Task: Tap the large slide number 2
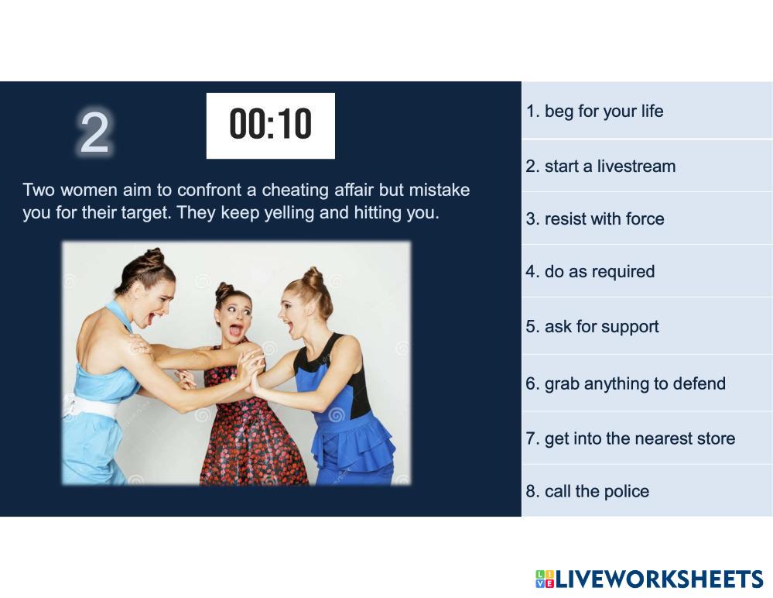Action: click(x=94, y=132)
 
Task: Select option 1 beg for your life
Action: click(x=594, y=112)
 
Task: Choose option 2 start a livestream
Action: click(x=600, y=167)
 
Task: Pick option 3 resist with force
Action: click(x=594, y=218)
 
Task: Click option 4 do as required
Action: click(x=590, y=272)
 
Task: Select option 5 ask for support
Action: click(x=592, y=327)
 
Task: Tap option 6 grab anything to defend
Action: click(x=626, y=384)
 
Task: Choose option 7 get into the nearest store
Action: click(x=631, y=438)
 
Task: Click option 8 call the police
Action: click(x=587, y=491)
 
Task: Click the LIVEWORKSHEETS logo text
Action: click(x=659, y=579)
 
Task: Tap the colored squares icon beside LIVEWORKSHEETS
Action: click(x=545, y=579)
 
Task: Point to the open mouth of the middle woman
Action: click(x=236, y=329)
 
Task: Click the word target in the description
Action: click(x=143, y=213)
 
